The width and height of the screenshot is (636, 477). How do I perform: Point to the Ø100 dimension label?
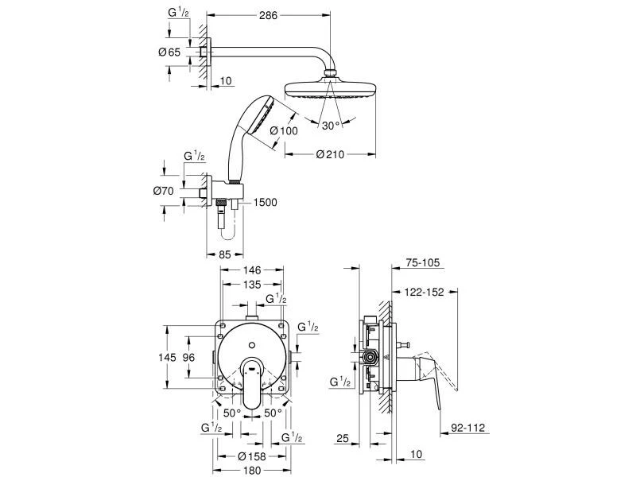[284, 131]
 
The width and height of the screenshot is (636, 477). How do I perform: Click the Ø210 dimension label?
[330, 154]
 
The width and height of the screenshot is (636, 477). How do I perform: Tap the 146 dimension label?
[251, 270]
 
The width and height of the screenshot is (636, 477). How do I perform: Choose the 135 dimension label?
[251, 285]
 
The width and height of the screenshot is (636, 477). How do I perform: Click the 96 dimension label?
[188, 358]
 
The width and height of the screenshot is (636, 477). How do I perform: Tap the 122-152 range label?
[424, 291]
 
